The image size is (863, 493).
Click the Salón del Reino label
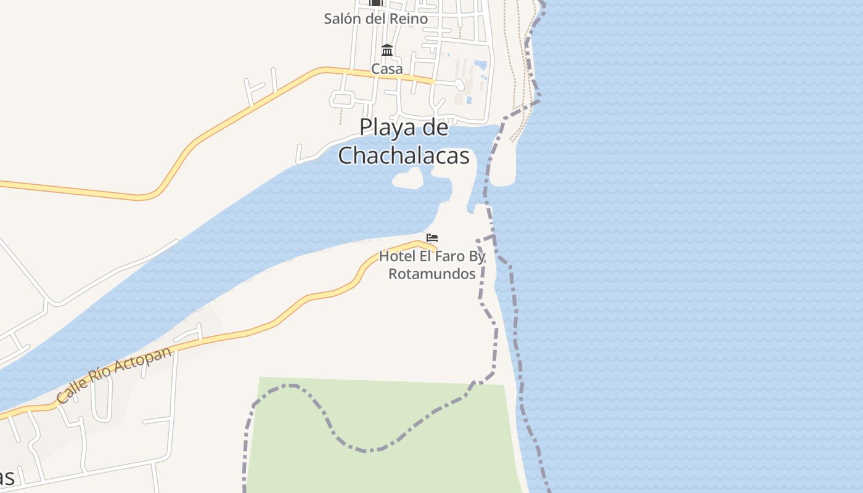pos(376,19)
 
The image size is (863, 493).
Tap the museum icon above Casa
pos(387,50)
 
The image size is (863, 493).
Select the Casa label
pos(387,69)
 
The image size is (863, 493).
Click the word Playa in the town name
pos(385,128)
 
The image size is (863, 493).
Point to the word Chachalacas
pos(404,156)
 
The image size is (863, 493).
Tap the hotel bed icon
pos(432,238)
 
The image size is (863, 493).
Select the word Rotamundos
pos(432,274)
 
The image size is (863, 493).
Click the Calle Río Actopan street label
pos(113,375)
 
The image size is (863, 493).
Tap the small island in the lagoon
pos(408,179)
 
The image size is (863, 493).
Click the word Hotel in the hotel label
pos(396,256)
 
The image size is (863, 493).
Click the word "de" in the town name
pos(435,128)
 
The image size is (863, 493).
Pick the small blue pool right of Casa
pos(480,65)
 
